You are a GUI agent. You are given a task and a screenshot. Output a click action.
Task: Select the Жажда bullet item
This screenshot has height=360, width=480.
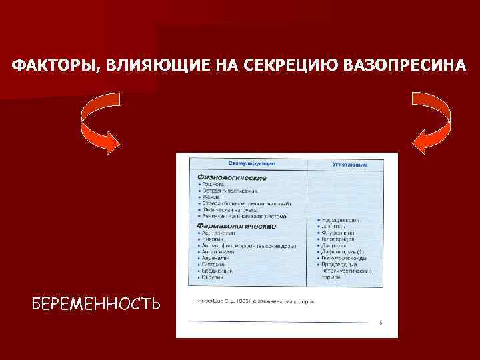212,197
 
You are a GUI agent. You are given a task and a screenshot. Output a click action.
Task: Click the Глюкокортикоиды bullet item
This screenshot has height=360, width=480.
347,257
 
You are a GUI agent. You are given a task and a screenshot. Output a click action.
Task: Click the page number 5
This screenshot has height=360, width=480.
380,323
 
